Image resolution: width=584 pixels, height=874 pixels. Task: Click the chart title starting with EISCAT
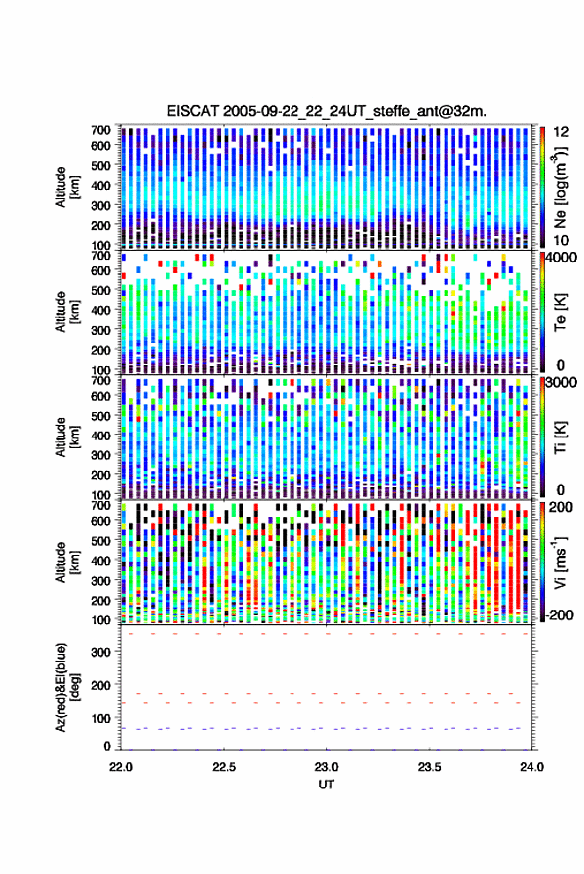(326, 111)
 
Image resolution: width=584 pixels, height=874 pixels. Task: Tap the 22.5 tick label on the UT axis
(224, 767)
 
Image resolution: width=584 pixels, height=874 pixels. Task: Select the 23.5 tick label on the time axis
(429, 767)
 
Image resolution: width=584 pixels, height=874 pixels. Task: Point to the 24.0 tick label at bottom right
(532, 767)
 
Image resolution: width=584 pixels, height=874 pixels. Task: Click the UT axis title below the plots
(326, 785)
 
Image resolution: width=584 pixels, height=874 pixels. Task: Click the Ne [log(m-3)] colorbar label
(560, 187)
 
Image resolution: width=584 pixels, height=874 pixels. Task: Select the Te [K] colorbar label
(560, 312)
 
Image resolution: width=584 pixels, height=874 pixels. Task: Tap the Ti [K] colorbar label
(560, 437)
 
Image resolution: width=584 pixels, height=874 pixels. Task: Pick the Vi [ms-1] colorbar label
(560, 562)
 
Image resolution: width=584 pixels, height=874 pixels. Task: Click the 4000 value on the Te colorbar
(561, 257)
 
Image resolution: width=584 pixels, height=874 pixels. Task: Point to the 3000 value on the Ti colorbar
(561, 382)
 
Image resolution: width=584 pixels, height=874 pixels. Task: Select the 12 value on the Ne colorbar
(562, 132)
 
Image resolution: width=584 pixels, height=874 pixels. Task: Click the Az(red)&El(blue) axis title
(67, 688)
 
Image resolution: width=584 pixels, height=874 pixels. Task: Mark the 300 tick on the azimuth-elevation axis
(100, 652)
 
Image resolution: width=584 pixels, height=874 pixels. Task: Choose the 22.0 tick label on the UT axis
(121, 767)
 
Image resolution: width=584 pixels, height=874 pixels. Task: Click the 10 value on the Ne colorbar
(561, 240)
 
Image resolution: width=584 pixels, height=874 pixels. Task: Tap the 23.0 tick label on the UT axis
(326, 767)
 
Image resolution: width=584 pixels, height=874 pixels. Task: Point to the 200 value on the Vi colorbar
(561, 507)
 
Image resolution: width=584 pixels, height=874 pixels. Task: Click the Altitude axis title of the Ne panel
(67, 187)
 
